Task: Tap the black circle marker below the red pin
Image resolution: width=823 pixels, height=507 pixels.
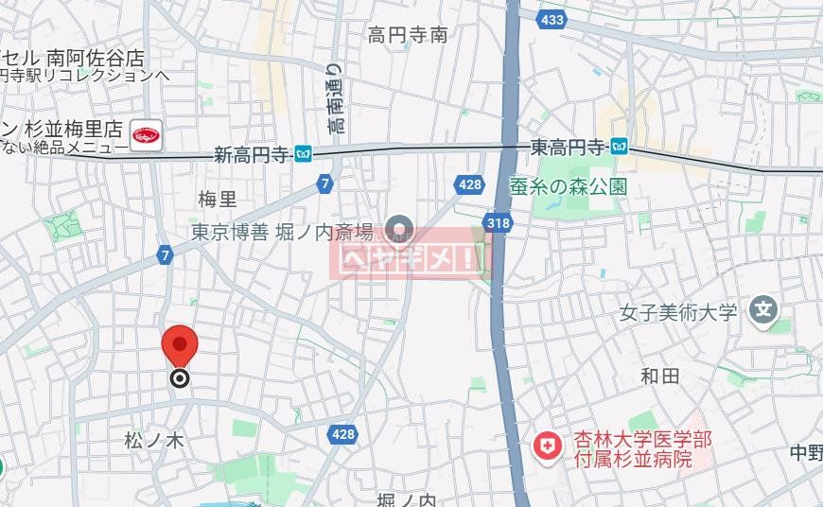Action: coord(180,379)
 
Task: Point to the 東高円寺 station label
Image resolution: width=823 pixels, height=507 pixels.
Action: coord(567,147)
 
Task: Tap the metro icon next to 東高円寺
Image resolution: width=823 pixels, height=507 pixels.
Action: coord(619,146)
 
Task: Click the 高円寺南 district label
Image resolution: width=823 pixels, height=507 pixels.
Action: coord(408,36)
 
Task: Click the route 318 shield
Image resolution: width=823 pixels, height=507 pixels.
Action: coord(496,222)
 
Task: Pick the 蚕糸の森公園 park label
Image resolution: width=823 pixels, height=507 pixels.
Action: coord(581,186)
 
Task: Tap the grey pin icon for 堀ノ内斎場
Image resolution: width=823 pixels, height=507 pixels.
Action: coord(401,228)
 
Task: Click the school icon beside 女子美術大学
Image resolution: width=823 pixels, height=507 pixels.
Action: coord(763,309)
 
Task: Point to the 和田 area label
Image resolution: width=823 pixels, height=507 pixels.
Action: coord(659,376)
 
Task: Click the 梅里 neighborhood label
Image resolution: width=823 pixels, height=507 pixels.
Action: coord(218,199)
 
